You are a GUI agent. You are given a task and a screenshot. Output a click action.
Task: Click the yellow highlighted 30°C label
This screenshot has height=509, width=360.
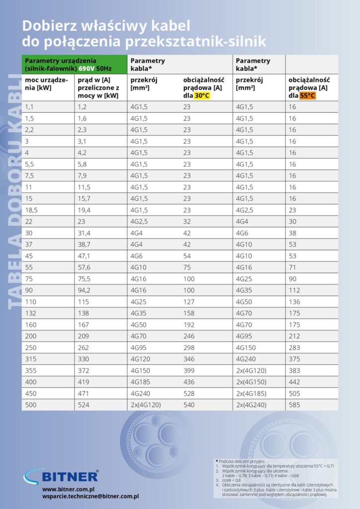point(202,96)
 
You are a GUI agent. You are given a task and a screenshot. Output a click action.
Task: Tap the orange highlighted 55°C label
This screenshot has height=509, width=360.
point(308,96)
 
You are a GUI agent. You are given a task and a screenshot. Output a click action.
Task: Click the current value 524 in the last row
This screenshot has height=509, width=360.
point(84,405)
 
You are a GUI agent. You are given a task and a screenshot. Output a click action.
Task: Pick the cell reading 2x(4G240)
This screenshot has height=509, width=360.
point(251,405)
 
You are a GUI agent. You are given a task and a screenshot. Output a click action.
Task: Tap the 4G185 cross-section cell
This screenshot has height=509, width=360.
point(141,382)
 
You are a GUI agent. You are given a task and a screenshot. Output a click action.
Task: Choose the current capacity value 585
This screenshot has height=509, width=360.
point(296,405)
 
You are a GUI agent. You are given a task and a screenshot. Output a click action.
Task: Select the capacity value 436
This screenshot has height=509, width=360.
point(189,382)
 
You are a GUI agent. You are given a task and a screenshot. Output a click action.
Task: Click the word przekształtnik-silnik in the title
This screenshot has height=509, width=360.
point(191,40)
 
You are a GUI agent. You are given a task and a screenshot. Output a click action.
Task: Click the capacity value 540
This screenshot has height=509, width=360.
point(189,405)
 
